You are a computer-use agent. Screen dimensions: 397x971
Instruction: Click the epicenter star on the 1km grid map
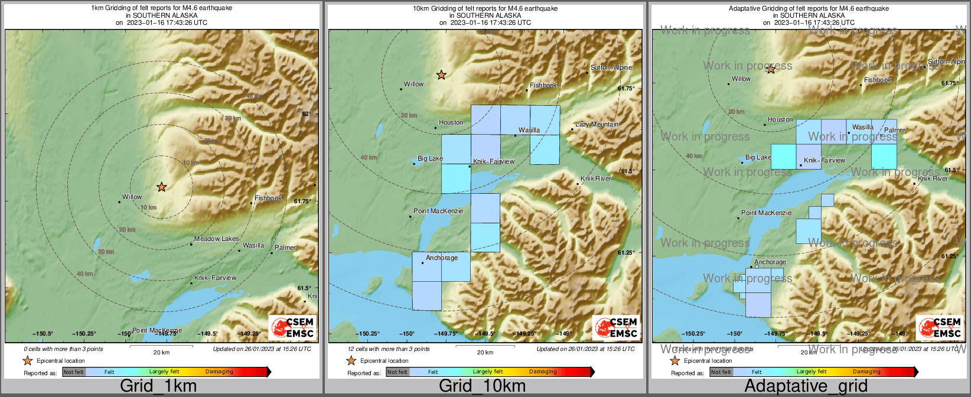click(x=161, y=187)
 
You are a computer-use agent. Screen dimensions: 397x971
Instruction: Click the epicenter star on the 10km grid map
click(x=441, y=75)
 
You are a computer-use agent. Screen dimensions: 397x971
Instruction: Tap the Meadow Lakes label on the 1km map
click(x=217, y=239)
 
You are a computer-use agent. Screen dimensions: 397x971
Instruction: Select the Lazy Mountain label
click(x=597, y=124)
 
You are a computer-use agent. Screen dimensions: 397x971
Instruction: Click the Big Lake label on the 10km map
click(x=430, y=158)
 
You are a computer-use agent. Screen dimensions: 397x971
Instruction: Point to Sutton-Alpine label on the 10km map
click(x=611, y=67)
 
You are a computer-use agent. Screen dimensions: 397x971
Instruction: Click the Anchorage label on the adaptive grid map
click(x=770, y=262)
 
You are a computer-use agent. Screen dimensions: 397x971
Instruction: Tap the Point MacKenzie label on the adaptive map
click(x=766, y=213)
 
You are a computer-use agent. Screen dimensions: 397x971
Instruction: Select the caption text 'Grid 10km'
click(x=482, y=386)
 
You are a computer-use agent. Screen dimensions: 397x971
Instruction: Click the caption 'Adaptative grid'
click(x=806, y=386)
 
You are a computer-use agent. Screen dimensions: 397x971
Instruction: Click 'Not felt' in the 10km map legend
click(x=397, y=372)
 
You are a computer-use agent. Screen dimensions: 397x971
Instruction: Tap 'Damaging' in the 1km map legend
click(x=219, y=372)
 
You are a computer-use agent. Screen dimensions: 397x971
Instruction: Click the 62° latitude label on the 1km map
click(x=306, y=113)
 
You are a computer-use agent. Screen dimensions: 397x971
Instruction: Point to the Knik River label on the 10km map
click(x=596, y=178)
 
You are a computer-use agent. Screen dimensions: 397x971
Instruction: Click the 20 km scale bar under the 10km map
click(x=485, y=347)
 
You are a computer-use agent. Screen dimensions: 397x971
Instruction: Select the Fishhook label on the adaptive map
click(x=877, y=80)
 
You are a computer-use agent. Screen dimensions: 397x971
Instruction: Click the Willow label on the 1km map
click(x=132, y=197)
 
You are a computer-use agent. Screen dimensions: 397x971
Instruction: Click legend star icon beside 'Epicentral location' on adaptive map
click(x=675, y=360)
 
